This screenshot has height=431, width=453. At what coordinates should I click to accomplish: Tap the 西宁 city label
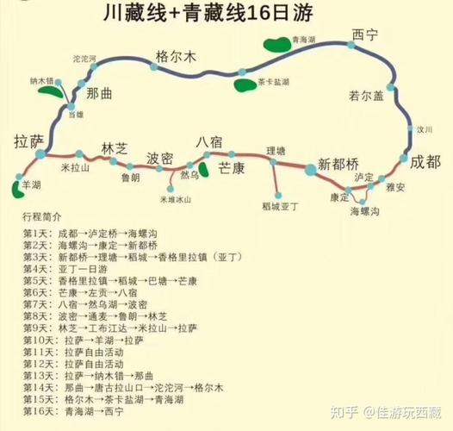365,35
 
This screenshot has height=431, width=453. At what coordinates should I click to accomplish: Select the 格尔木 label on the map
176,57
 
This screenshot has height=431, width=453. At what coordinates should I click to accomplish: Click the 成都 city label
425,161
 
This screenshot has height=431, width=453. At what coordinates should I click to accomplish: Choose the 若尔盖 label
365,94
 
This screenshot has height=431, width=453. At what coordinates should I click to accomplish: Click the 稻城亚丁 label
280,206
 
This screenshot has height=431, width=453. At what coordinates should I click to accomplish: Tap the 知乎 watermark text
343,414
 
